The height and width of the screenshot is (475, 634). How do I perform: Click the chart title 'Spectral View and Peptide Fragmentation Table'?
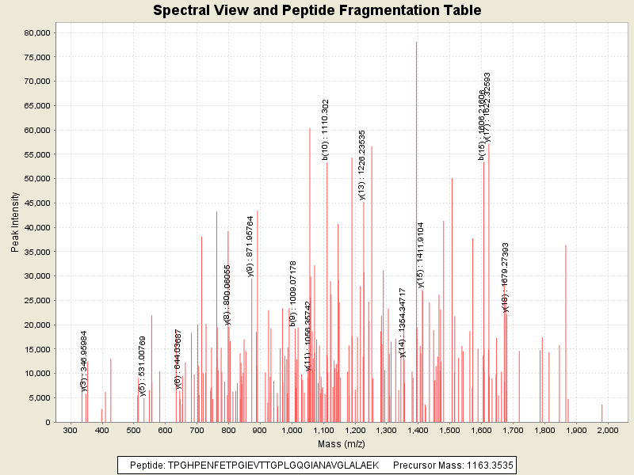317,10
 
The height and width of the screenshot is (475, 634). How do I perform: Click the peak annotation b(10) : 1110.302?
325,130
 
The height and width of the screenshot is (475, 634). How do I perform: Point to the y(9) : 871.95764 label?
250,246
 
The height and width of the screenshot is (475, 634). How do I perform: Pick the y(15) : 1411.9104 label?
421,255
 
